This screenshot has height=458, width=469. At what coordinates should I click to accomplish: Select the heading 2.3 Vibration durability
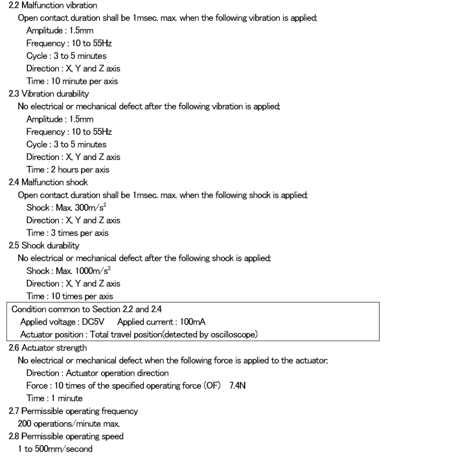tap(49, 94)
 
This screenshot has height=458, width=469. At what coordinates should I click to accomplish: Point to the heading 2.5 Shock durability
tap(44, 246)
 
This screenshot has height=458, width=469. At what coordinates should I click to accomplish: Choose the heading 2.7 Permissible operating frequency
tap(73, 411)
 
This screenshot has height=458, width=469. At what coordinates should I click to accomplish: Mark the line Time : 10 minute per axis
tap(72, 81)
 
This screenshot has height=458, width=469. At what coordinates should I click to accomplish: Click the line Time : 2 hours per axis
tap(67, 170)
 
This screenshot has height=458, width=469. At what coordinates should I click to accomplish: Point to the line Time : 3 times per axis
tap(67, 233)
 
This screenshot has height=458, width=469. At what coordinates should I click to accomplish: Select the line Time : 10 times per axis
tap(69, 296)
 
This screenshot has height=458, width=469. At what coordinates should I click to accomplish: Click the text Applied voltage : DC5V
tap(62, 322)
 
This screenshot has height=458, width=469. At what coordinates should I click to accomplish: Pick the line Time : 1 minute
tap(54, 398)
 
